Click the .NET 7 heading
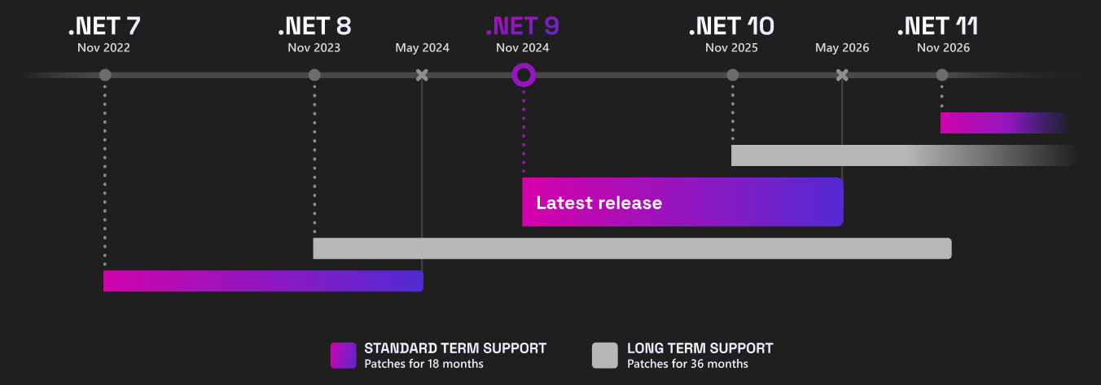tap(104, 26)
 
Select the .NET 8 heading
tap(314, 26)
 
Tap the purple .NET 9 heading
tap(523, 26)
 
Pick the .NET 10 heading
tap(731, 26)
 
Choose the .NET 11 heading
tap(937, 26)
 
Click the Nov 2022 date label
tap(104, 48)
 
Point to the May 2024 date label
tap(422, 48)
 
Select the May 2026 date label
tap(842, 48)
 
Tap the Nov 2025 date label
tap(731, 48)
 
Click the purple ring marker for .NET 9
tap(524, 76)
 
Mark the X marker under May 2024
tap(422, 76)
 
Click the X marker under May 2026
tap(842, 76)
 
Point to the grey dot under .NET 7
tap(105, 76)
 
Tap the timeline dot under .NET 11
tap(942, 76)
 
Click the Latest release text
tap(599, 203)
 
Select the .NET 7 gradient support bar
tap(263, 281)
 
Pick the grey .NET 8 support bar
tap(632, 248)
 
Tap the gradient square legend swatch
tap(344, 356)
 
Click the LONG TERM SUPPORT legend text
tap(700, 348)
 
